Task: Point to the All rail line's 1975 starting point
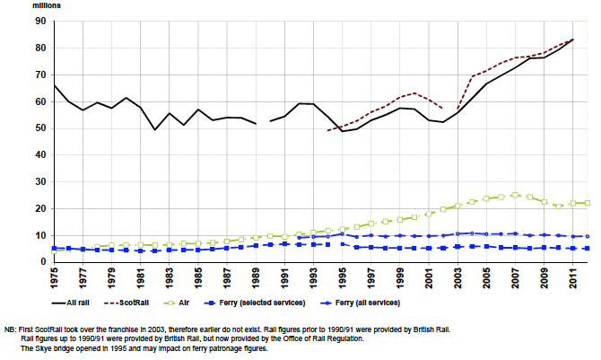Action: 55,85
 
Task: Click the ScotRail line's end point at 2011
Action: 571,40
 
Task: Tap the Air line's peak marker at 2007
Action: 514,195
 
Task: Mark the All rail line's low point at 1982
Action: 155,130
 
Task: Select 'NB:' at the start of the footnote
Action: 12,329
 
